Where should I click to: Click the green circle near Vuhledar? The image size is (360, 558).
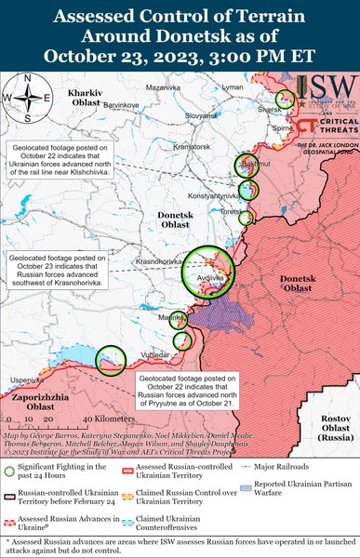pos(111,358)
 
